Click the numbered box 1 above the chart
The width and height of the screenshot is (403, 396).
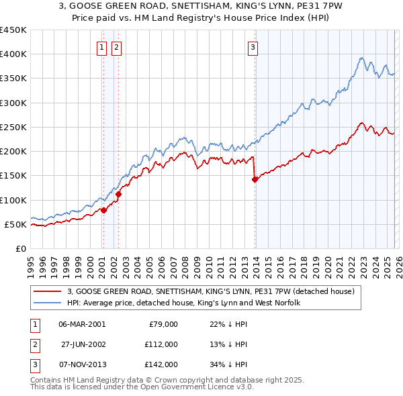click(x=101, y=47)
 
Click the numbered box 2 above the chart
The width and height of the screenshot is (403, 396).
click(x=116, y=47)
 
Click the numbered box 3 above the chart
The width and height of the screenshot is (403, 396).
click(x=253, y=47)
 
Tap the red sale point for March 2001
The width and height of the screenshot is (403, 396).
click(x=103, y=210)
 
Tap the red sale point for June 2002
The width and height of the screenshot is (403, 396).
click(x=119, y=195)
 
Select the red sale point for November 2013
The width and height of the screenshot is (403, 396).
click(x=255, y=179)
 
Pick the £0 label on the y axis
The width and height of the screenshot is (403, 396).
click(x=20, y=248)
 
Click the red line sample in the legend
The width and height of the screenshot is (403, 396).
click(x=48, y=291)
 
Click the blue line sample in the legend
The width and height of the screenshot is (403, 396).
click(x=48, y=303)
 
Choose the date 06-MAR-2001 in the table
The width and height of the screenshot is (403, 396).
click(x=82, y=324)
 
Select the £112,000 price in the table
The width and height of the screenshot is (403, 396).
click(x=161, y=344)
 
